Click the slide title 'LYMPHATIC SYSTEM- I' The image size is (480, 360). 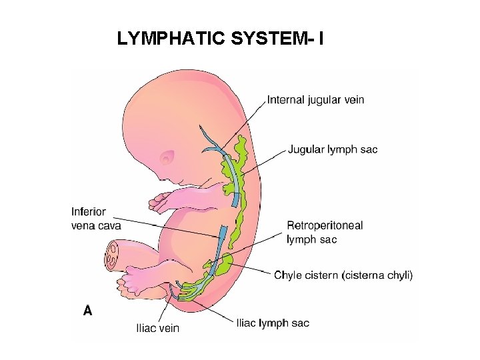click(221, 39)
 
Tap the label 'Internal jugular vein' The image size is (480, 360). click(315, 100)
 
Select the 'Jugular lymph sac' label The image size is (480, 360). click(332, 149)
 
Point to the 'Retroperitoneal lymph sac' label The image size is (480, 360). click(325, 232)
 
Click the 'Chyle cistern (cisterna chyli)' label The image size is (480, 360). click(343, 275)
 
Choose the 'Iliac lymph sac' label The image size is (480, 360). click(273, 323)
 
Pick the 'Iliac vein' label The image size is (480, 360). click(157, 328)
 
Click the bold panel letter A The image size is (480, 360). click(87, 310)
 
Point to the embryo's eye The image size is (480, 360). click(166, 158)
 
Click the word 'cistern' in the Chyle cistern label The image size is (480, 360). click(321, 275)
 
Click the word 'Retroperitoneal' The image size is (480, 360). click(325, 225)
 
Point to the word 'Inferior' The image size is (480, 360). click(89, 212)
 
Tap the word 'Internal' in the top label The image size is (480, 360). click(286, 100)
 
